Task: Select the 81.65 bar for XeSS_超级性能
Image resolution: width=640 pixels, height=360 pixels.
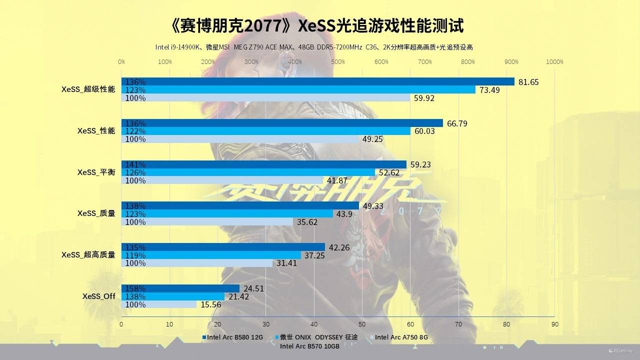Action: click(318, 81)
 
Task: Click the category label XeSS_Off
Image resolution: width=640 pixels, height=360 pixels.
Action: click(99, 296)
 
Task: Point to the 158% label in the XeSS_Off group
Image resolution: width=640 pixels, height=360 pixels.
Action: click(135, 288)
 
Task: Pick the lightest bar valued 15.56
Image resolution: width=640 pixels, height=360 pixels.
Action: click(159, 304)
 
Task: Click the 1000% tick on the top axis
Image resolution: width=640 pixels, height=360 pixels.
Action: click(554, 62)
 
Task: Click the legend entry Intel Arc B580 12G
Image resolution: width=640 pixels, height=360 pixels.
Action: click(232, 337)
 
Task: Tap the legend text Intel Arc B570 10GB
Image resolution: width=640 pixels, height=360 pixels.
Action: click(309, 346)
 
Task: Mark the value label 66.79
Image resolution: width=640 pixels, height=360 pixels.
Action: click(457, 123)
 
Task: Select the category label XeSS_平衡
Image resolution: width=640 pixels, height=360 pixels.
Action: click(96, 172)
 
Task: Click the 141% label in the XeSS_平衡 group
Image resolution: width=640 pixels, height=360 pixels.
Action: click(135, 164)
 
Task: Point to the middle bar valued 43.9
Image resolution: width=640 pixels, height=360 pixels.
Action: click(227, 213)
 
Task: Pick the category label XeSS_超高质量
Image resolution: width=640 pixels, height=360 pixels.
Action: click(88, 254)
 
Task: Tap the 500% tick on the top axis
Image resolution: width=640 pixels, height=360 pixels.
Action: click(338, 62)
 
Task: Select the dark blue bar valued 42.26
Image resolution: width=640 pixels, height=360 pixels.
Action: click(223, 247)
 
